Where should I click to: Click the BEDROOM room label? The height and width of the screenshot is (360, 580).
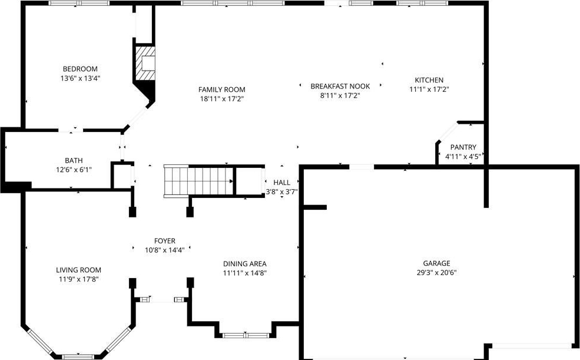point(80,69)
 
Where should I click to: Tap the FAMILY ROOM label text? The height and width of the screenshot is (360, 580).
point(221,90)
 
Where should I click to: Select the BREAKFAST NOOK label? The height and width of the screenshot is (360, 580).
point(340,86)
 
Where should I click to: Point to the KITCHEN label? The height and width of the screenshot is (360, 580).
point(429,80)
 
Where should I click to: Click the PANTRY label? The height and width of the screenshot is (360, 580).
point(463,147)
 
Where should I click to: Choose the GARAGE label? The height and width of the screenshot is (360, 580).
point(436,263)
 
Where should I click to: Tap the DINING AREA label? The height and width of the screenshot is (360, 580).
point(244,264)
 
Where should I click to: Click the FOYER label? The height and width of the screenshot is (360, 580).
point(165,241)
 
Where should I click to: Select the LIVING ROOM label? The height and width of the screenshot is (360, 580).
point(78,270)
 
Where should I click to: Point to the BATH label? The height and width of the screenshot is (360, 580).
point(74,161)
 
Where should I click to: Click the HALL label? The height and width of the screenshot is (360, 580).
point(281,183)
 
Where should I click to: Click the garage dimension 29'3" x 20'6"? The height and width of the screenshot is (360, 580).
point(436,273)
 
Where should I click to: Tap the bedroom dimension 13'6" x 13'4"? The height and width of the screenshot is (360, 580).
point(80,78)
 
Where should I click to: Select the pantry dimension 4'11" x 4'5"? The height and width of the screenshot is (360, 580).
point(463,157)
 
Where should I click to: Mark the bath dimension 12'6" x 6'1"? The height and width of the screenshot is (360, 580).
point(74,170)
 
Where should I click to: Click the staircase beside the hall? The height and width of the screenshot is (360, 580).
point(199,181)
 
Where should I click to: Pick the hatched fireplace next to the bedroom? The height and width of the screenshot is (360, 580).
point(145,63)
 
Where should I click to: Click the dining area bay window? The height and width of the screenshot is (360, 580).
point(245,335)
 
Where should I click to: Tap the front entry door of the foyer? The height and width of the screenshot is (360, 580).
point(163,300)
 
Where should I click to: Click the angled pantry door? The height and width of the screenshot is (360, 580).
point(448,132)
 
